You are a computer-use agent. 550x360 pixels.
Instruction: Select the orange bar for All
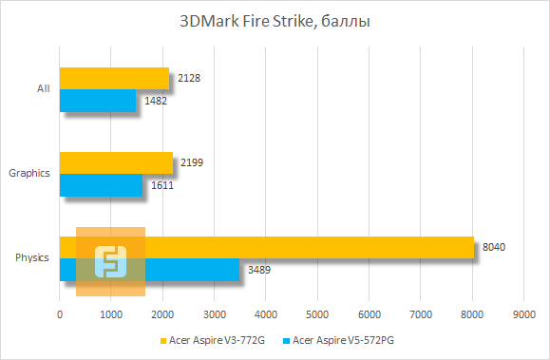click(114, 78)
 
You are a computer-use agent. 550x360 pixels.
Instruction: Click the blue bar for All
click(98, 100)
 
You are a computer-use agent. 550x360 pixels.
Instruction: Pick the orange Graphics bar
click(116, 162)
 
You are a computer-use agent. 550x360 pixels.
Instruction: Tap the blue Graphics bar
click(101, 184)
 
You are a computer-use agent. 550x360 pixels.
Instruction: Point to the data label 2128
click(187, 78)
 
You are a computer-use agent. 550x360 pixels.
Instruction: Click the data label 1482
click(154, 100)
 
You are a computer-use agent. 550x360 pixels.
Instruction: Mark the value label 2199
click(191, 162)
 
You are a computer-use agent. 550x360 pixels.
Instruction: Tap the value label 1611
click(161, 184)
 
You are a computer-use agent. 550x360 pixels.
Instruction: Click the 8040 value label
click(494, 248)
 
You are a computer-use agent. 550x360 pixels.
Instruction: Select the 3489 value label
click(258, 270)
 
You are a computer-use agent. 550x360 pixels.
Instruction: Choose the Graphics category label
click(28, 173)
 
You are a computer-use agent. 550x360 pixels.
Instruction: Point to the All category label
click(43, 88)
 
